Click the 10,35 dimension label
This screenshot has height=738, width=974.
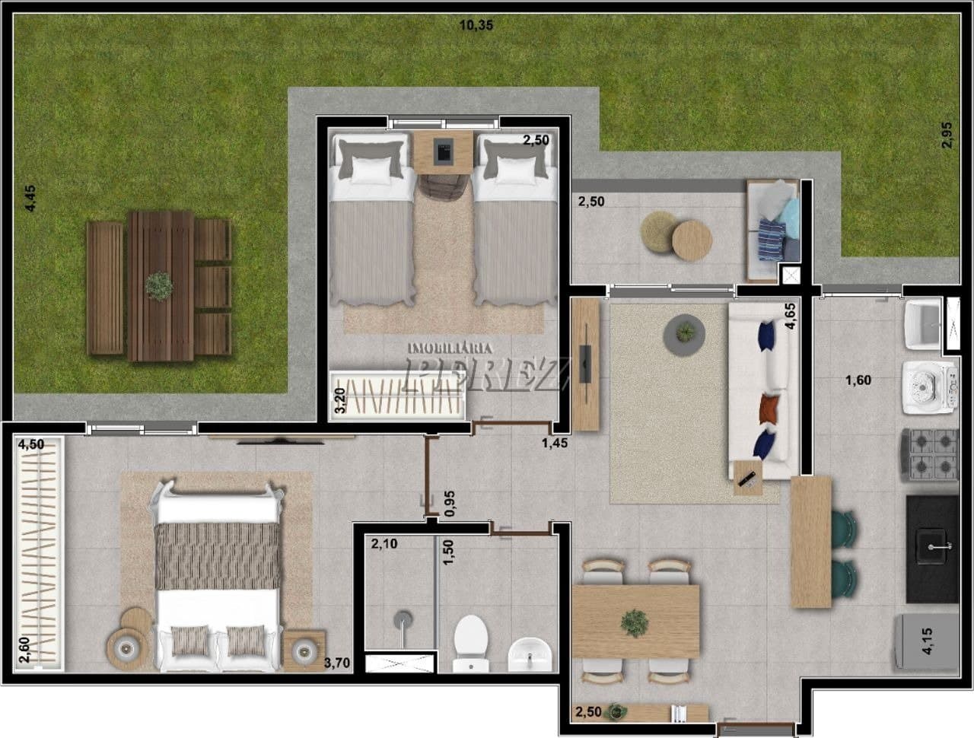click(x=476, y=25)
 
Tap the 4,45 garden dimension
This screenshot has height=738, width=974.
click(x=30, y=198)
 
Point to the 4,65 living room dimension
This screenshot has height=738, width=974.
click(x=791, y=315)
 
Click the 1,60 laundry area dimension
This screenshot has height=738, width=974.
click(x=858, y=380)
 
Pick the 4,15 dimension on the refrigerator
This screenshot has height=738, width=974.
click(x=927, y=641)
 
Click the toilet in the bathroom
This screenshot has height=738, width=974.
click(x=471, y=643)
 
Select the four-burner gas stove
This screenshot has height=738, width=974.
click(x=929, y=455)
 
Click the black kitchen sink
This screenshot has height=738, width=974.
click(x=932, y=549)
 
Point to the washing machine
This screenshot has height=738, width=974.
click(x=930, y=387)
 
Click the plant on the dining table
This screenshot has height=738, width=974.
click(x=635, y=623)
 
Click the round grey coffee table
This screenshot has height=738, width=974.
click(x=684, y=335)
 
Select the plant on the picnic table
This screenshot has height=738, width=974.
click(x=159, y=286)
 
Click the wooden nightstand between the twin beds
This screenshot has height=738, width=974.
click(x=444, y=152)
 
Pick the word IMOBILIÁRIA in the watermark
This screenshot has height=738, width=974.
click(x=450, y=348)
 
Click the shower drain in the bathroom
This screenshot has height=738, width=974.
click(x=403, y=618)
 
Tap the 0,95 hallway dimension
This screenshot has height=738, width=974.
click(x=450, y=504)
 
